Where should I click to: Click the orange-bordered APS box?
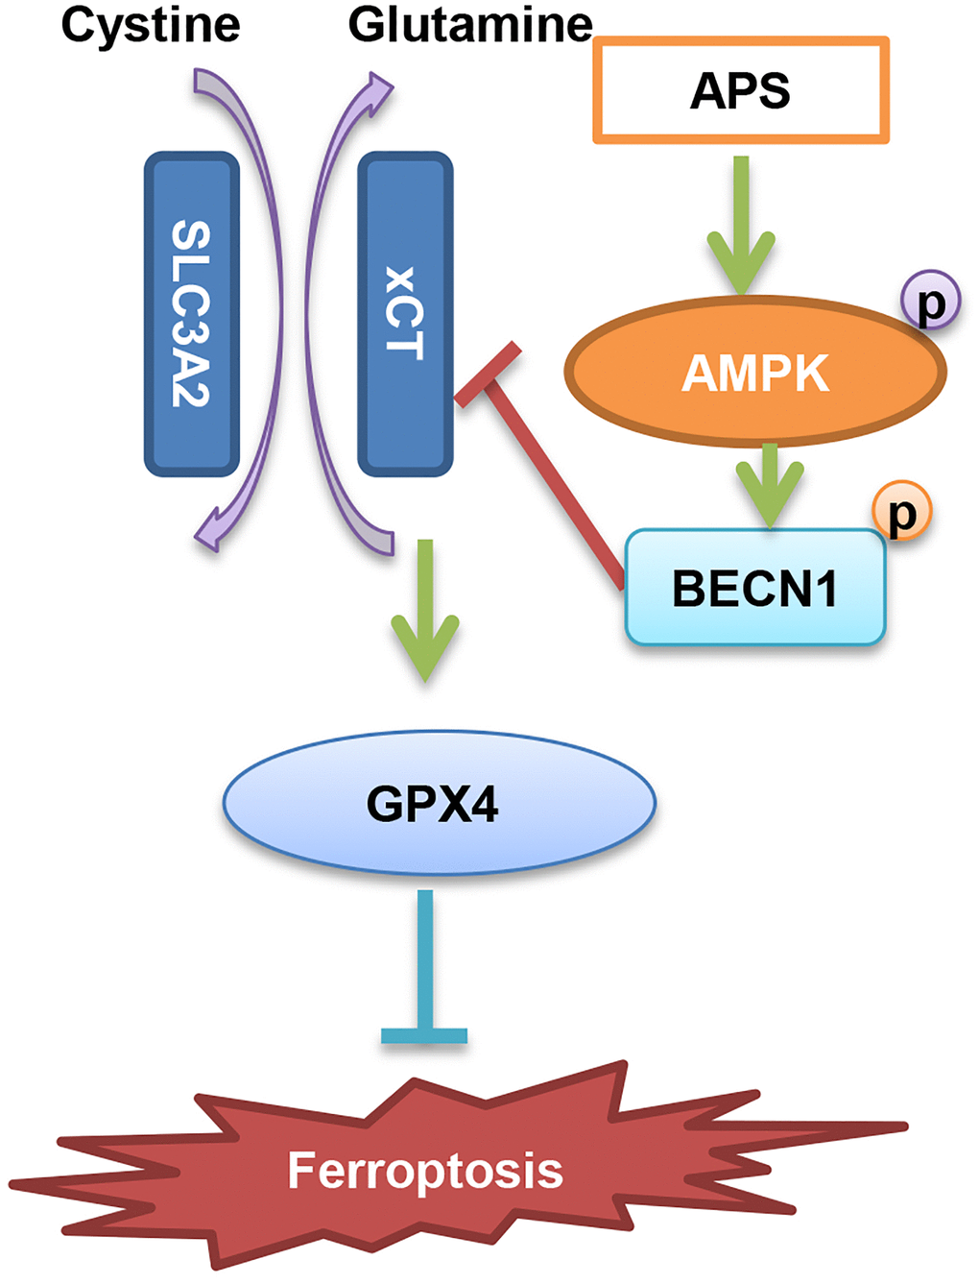(740, 91)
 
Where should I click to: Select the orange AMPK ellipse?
(754, 373)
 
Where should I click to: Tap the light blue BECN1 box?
(754, 588)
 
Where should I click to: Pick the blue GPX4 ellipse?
(439, 803)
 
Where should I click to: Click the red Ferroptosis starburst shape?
(426, 1170)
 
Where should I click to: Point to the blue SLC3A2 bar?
(191, 314)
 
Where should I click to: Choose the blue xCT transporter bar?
(404, 314)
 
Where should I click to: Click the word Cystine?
(151, 25)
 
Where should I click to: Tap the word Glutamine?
(470, 25)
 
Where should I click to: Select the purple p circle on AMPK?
(930, 302)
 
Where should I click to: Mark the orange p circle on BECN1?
(901, 511)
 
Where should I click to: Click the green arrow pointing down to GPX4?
(425, 610)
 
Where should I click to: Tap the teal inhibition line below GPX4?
(425, 960)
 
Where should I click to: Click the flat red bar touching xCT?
(488, 375)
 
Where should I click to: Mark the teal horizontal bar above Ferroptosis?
(424, 1035)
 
